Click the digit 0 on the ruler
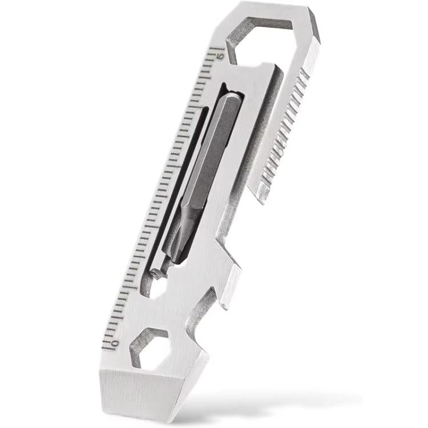[114, 343]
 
